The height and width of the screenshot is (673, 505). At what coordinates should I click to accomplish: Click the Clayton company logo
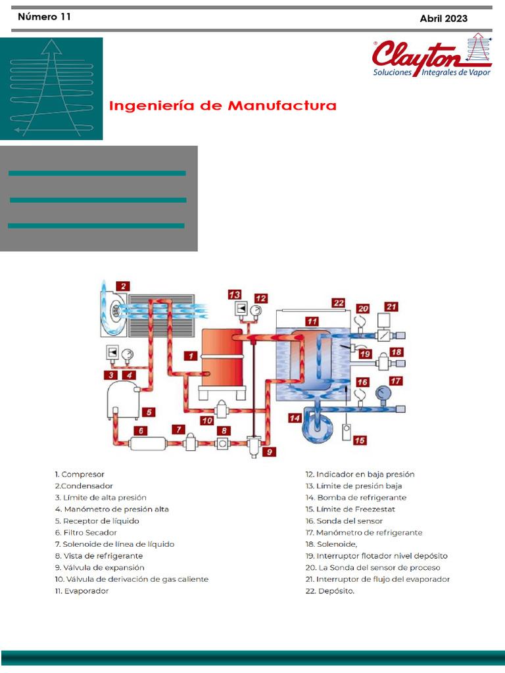(431, 57)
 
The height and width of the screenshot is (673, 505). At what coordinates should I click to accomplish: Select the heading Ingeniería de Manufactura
(223, 106)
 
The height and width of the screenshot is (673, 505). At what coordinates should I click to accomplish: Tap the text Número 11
(44, 17)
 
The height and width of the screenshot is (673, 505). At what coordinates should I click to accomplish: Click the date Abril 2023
(443, 18)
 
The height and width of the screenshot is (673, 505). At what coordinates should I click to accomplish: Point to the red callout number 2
(124, 286)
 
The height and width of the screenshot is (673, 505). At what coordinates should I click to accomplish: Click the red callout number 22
(338, 304)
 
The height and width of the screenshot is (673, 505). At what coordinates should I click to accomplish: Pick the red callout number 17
(396, 381)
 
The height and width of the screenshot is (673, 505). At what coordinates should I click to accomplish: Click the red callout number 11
(312, 321)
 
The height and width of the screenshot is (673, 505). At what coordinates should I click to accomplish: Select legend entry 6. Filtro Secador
(85, 532)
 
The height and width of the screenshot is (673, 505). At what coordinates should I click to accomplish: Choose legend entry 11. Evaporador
(82, 591)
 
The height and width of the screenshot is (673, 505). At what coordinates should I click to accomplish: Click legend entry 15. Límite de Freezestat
(349, 509)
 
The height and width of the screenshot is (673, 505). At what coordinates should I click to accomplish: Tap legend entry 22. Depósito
(329, 591)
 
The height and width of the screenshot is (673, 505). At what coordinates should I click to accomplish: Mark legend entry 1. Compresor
(80, 474)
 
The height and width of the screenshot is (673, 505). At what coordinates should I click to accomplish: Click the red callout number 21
(391, 306)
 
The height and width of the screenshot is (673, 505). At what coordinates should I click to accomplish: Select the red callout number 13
(235, 294)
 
